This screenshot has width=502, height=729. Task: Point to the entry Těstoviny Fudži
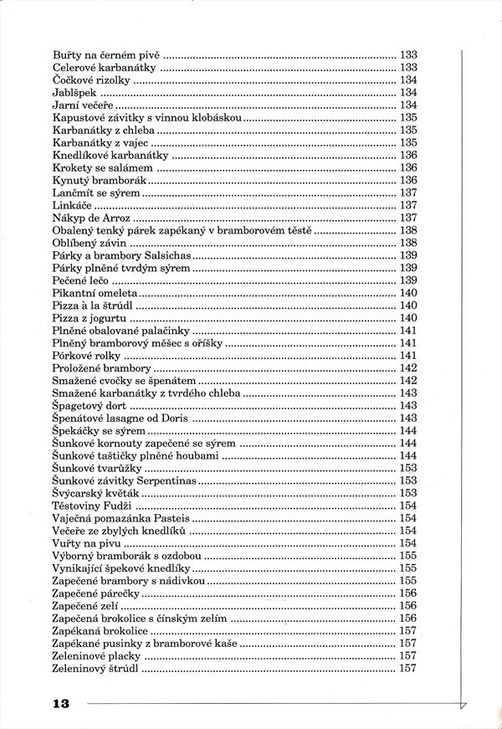pyautogui.click(x=92, y=506)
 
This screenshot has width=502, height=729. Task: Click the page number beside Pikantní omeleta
pyautogui.click(x=408, y=293)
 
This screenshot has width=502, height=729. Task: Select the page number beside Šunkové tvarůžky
pyautogui.click(x=408, y=468)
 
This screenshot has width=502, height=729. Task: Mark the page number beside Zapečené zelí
pyautogui.click(x=408, y=606)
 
